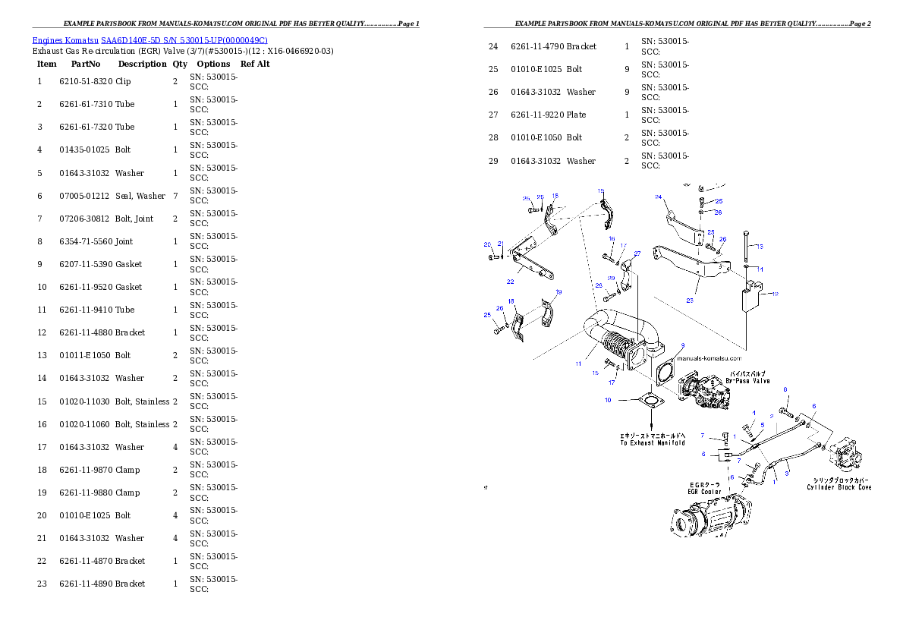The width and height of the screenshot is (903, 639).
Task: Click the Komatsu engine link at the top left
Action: [149, 40]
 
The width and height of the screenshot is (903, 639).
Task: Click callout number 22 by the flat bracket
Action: [510, 281]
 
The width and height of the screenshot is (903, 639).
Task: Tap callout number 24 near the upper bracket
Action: [659, 197]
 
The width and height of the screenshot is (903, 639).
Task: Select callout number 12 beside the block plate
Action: [775, 294]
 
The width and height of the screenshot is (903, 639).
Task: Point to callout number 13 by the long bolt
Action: [760, 246]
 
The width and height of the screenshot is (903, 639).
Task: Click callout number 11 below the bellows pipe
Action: [578, 364]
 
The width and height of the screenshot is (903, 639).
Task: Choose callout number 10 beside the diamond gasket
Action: [608, 400]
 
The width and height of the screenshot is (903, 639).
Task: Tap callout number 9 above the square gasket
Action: [682, 345]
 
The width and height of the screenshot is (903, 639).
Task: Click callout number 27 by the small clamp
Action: [637, 253]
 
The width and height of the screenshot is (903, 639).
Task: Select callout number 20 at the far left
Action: [488, 244]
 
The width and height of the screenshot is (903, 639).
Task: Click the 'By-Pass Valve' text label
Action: [749, 380]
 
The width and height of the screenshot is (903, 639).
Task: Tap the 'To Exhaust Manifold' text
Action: [653, 442]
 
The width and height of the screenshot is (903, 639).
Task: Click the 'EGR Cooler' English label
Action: [704, 492]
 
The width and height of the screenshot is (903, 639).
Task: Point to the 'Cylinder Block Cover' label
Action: [839, 487]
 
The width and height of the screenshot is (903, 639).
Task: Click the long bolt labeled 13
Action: [747, 250]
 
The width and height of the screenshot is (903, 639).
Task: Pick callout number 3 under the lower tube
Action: [787, 473]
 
